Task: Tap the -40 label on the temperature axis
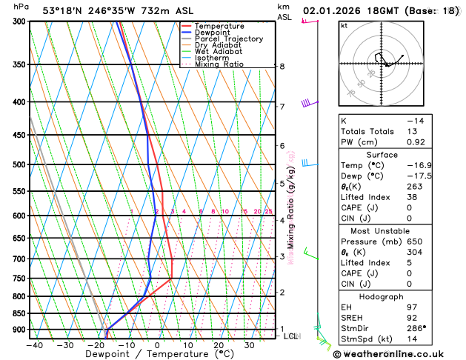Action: click(34, 344)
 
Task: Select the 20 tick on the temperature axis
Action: click(219, 344)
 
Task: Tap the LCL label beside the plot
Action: click(290, 336)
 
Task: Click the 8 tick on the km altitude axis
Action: click(282, 67)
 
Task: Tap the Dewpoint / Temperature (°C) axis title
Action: click(139, 355)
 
